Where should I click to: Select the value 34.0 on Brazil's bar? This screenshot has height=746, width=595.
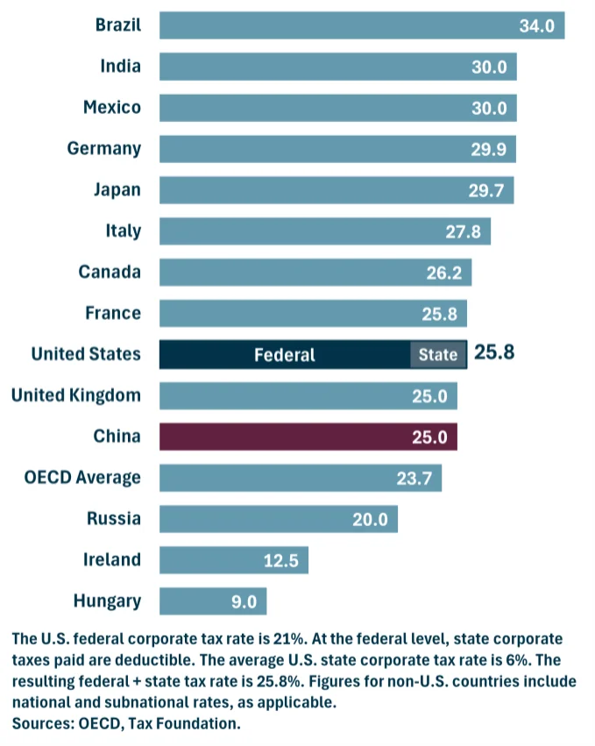pyautogui.click(x=536, y=25)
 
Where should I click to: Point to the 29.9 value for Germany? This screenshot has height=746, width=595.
pyautogui.click(x=488, y=149)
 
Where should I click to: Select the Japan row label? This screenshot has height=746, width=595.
pyautogui.click(x=117, y=189)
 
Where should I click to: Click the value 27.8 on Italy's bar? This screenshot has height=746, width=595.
pyautogui.click(x=464, y=231)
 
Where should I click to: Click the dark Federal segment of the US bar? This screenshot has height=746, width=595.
pyautogui.click(x=285, y=354)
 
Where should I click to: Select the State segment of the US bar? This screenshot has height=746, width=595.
pyautogui.click(x=438, y=354)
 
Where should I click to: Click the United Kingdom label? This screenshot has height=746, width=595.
pyautogui.click(x=75, y=395)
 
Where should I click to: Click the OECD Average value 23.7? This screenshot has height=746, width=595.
pyautogui.click(x=414, y=478)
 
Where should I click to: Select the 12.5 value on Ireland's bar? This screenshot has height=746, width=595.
pyautogui.click(x=281, y=560)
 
